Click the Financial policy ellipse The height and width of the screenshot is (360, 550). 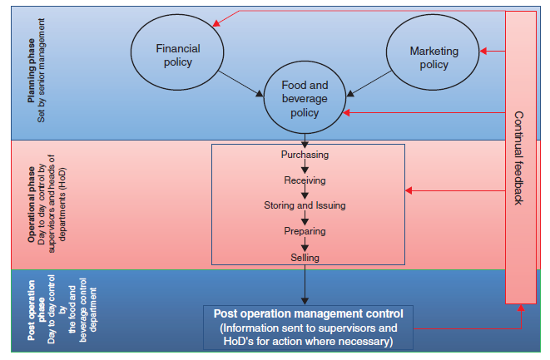click(178, 54)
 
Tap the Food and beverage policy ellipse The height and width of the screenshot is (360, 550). click(305, 98)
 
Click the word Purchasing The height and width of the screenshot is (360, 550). click(305, 155)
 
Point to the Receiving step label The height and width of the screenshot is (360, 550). click(305, 180)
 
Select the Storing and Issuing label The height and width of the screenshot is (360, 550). click(305, 205)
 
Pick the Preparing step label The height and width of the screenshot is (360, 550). click(305, 231)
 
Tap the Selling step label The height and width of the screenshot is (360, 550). click(305, 258)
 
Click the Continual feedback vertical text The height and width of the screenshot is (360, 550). click(518, 157)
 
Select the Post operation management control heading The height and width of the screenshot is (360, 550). click(308, 313)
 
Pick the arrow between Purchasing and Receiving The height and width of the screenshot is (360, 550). click(305, 167)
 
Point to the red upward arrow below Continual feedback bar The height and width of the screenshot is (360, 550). click(521, 317)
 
